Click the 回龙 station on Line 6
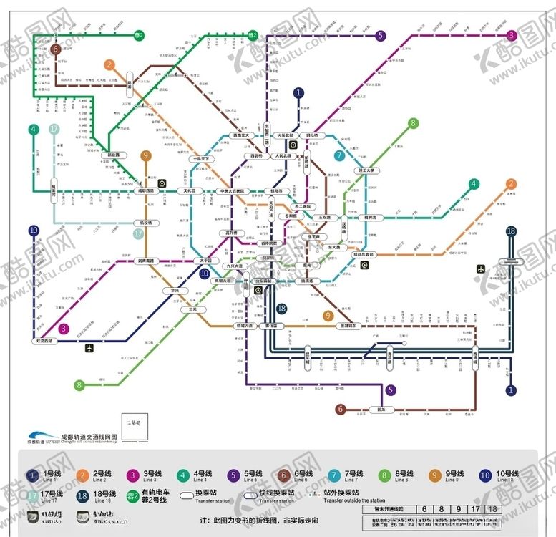pyautogui.click(x=382, y=410)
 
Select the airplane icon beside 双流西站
pyautogui.click(x=89, y=349)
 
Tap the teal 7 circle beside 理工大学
pyautogui.click(x=339, y=155)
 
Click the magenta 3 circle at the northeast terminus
pyautogui.click(x=511, y=36)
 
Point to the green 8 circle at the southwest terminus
pyautogui.click(x=79, y=385)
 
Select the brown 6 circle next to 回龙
pyautogui.click(x=341, y=410)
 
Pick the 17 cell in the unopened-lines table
pyautogui.click(x=474, y=509)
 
